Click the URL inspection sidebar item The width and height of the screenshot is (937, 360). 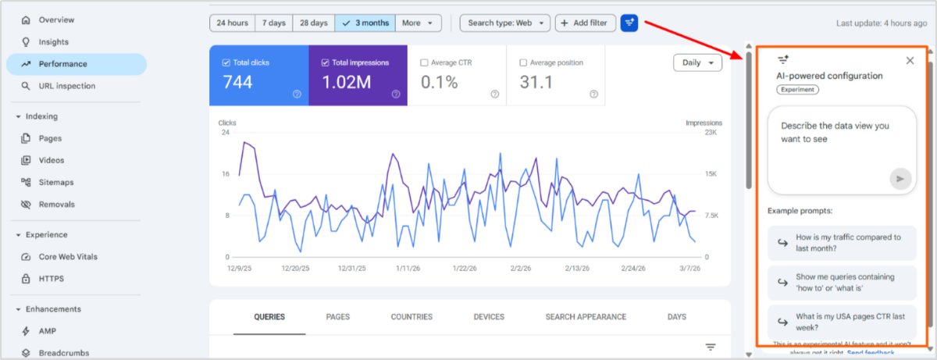[66, 86]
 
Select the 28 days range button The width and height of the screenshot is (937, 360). [313, 23]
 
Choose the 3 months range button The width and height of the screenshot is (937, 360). [365, 23]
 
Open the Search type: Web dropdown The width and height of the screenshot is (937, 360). [504, 23]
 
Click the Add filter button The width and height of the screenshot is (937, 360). [585, 23]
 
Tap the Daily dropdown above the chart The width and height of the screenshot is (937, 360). [697, 63]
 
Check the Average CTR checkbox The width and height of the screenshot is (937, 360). [425, 62]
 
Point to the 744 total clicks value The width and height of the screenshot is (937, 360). [237, 82]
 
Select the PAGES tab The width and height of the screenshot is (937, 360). [337, 317]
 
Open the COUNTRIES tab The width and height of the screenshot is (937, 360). [411, 317]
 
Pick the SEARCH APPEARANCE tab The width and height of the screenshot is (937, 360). [586, 317]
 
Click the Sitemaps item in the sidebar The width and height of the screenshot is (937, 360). [56, 182]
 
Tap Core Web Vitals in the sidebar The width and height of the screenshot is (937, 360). [68, 257]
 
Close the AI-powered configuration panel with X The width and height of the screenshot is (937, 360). [910, 61]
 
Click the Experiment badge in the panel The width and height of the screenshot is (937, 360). [797, 90]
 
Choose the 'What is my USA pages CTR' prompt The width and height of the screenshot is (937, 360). [841, 322]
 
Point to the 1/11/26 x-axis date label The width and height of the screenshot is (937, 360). [408, 268]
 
